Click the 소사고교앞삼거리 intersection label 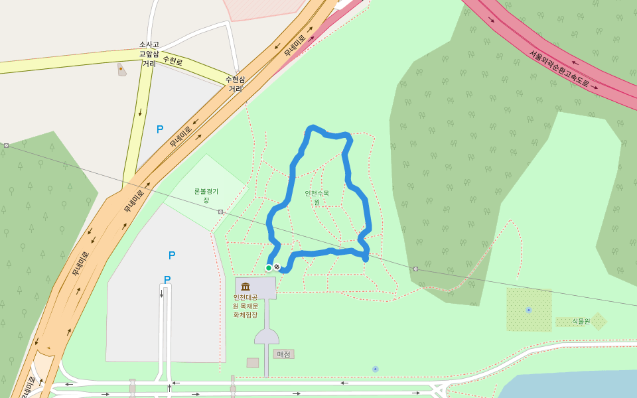pyautogui.click(x=149, y=54)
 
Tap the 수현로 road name pyautogui.click(x=172, y=61)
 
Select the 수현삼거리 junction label pyautogui.click(x=236, y=84)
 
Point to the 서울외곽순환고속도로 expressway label pyautogui.click(x=559, y=69)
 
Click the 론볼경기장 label pyautogui.click(x=206, y=195)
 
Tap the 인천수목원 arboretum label pyautogui.click(x=317, y=197)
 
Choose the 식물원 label pyautogui.click(x=581, y=321)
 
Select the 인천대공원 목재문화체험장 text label pyautogui.click(x=245, y=306)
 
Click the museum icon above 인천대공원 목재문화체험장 pyautogui.click(x=246, y=287)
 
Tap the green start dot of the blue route pyautogui.click(x=269, y=268)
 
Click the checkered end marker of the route pyautogui.click(x=277, y=267)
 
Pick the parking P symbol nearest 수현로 pyautogui.click(x=160, y=129)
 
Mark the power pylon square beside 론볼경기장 pyautogui.click(x=220, y=212)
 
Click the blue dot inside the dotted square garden pyautogui.click(x=528, y=310)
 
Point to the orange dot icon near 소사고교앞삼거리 pyautogui.click(x=120, y=68)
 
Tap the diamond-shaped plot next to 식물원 pyautogui.click(x=599, y=321)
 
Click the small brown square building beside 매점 pyautogui.click(x=253, y=363)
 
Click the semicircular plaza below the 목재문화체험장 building pyautogui.click(x=267, y=336)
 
